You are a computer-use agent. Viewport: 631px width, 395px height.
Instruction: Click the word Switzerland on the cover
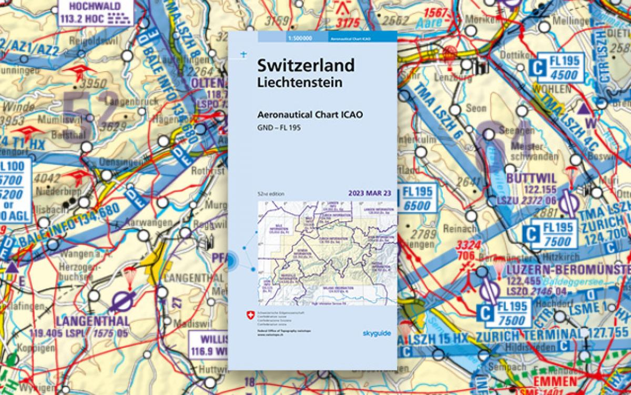point(306,66)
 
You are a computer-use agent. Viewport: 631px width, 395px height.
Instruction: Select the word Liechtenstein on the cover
point(300,83)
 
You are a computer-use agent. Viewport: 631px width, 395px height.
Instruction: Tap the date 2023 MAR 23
point(370,193)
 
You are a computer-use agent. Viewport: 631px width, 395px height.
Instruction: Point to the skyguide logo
point(376,332)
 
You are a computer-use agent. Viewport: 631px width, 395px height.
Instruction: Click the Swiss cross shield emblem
point(250,315)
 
